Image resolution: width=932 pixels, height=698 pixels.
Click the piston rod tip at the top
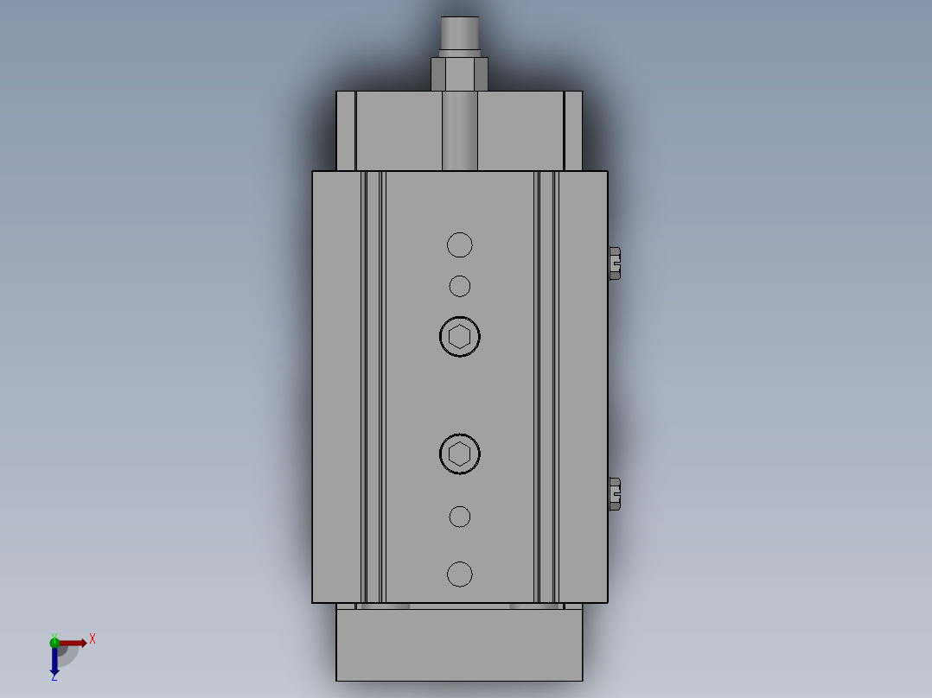459,35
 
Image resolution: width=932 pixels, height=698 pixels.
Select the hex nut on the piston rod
459,73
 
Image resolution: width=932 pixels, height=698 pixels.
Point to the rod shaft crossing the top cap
459,131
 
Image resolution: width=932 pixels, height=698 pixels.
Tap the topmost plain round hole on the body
460,245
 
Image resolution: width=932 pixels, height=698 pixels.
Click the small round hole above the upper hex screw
460,286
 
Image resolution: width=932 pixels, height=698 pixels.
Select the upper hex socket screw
460,337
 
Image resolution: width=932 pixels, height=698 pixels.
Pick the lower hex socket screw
460,454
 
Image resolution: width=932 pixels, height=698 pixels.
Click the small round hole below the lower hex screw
460,517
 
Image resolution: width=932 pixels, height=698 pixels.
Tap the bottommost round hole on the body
460,574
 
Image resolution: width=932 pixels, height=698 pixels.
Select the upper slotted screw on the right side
615,263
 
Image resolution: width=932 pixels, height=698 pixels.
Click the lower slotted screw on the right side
615,493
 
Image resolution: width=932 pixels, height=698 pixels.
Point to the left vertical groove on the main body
373,386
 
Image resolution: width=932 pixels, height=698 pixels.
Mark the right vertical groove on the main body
546,386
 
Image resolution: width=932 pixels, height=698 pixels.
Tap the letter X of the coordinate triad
93,639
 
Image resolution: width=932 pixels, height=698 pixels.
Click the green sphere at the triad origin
54,642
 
